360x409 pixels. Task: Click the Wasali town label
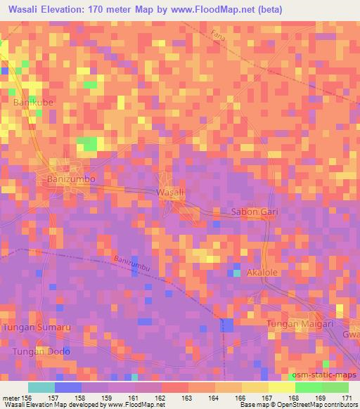pyautogui.click(x=170, y=192)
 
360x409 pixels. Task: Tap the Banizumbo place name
pyautogui.click(x=70, y=180)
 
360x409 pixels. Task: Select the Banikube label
pyautogui.click(x=33, y=103)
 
